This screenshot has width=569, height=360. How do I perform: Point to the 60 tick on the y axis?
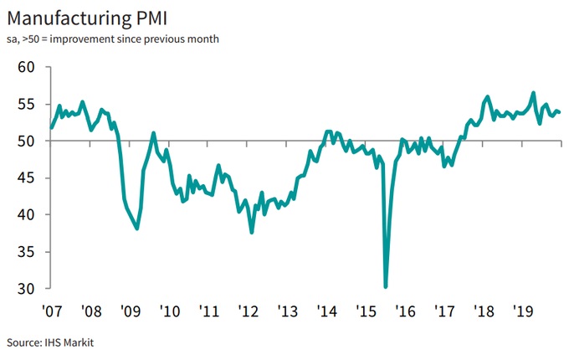tap(26, 67)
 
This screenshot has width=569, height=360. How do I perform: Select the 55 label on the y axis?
tap(26, 104)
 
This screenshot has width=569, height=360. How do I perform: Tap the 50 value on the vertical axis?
tap(26, 141)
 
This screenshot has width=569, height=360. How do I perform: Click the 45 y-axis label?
tap(26, 177)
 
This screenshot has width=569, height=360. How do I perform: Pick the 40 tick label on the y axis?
tap(26, 214)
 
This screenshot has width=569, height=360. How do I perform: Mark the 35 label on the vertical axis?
tap(26, 251)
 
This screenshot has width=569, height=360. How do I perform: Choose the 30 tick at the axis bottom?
tap(26, 288)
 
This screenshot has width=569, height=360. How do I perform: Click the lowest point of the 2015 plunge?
tap(386, 286)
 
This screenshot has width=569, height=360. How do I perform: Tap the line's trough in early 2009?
tap(137, 229)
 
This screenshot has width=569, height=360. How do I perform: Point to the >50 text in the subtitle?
tap(31, 39)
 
